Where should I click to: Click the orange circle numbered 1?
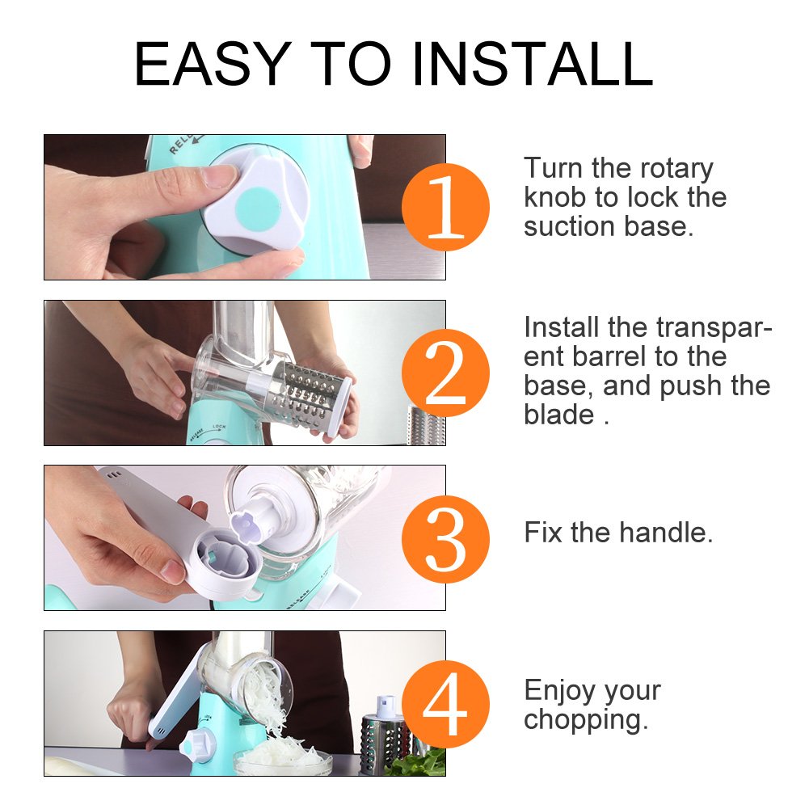pyautogui.click(x=445, y=207)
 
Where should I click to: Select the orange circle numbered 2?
pyautogui.click(x=445, y=373)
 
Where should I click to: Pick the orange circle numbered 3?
pyautogui.click(x=445, y=538)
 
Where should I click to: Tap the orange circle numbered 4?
pyautogui.click(x=445, y=704)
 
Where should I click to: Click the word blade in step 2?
pyautogui.click(x=558, y=415)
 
